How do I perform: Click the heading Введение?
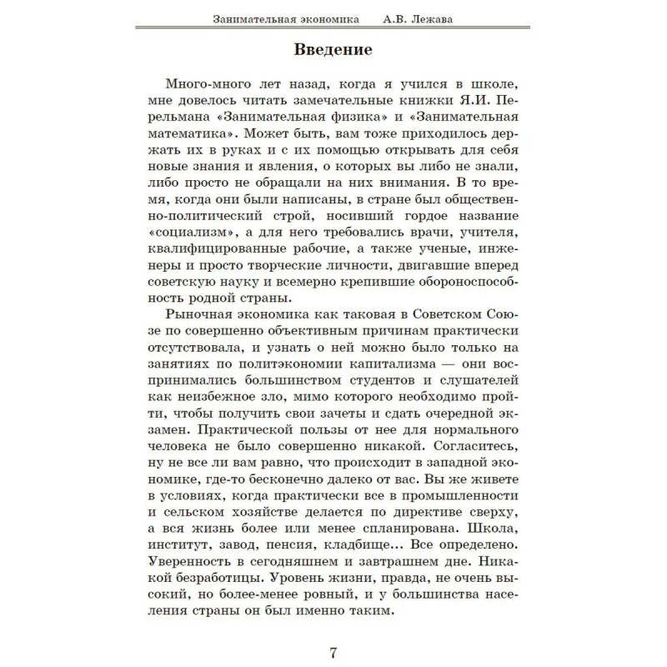pyautogui.click(x=333, y=49)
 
